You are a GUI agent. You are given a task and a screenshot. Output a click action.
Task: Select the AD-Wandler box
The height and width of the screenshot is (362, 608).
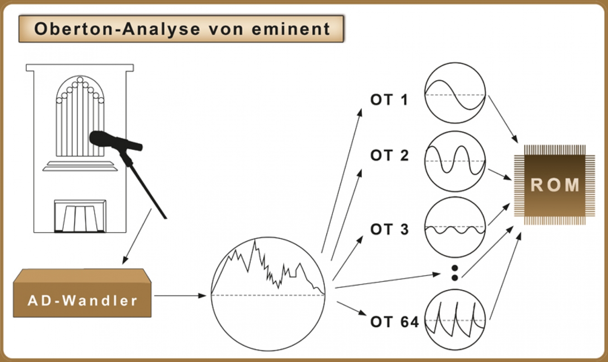[83, 295]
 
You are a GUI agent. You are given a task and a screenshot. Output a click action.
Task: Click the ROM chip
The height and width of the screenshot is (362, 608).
[555, 185]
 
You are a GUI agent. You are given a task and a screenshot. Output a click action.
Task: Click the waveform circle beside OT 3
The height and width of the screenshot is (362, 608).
[455, 227]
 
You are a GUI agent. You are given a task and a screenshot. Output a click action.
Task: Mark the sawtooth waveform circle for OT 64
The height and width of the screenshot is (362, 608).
[455, 320]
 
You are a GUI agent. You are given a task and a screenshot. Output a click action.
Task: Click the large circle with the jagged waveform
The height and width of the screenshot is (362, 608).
[268, 294]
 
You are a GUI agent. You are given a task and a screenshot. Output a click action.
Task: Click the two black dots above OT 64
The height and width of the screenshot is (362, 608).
[455, 273]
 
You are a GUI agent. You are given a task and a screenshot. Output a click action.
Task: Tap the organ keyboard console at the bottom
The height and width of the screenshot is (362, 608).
[80, 216]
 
